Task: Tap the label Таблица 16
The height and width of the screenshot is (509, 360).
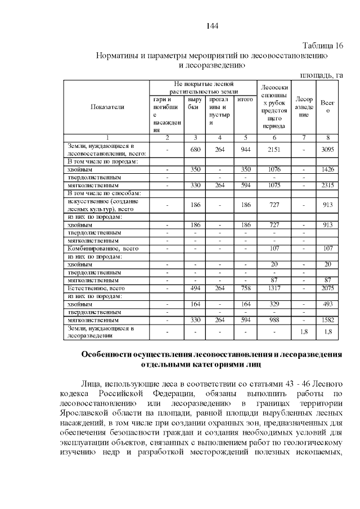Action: coord(323,46)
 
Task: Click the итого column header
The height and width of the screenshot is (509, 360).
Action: coord(245,100)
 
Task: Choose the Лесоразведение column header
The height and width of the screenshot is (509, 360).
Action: coord(304,107)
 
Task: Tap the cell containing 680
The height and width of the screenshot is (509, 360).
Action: coord(195,150)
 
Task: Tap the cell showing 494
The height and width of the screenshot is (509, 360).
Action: coord(195,288)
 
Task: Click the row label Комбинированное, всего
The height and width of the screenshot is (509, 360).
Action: coord(103,248)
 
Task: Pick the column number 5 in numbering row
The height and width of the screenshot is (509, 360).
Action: coord(245,138)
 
